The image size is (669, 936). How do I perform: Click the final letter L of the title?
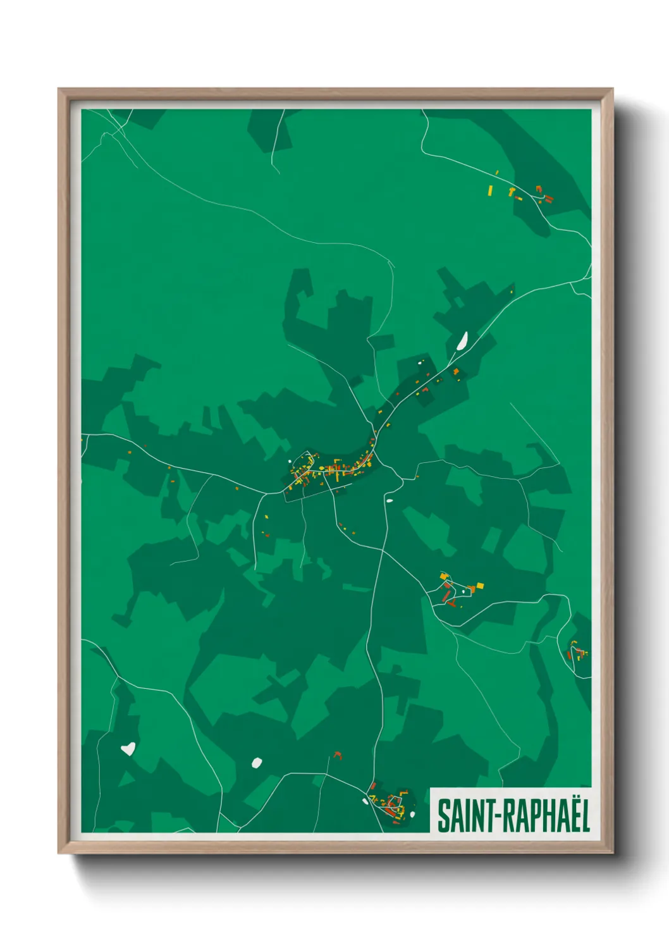[585, 816]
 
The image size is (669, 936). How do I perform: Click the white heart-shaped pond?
[128, 749]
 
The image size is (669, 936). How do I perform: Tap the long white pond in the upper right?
[462, 341]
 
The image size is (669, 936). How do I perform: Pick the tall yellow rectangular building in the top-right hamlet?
[490, 190]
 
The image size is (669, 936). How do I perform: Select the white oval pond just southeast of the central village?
[390, 501]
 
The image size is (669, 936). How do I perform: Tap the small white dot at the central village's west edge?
[290, 461]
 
